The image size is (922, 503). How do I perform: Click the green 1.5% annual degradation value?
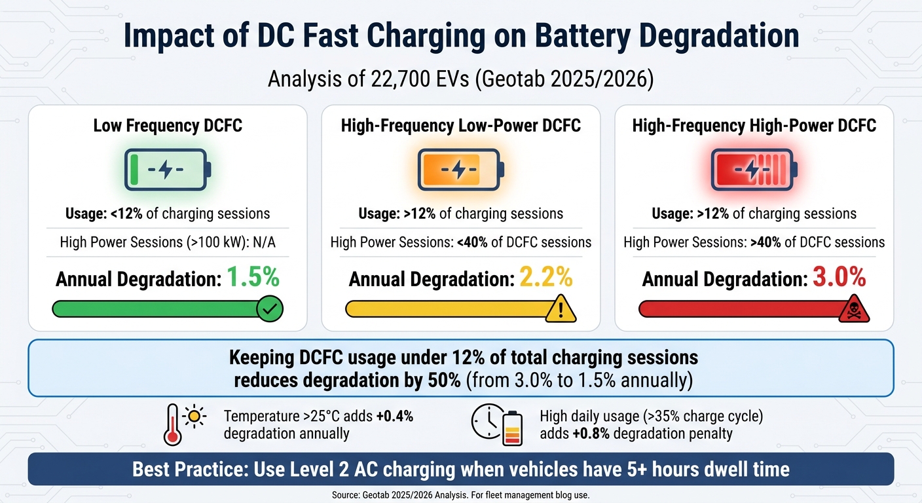(253, 278)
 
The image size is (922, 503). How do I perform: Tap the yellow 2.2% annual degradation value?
(546, 278)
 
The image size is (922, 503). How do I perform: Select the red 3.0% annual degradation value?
(839, 278)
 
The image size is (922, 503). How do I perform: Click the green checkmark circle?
(269, 308)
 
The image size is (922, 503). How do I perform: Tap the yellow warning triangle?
(561, 308)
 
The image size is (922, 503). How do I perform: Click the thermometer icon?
(173, 425)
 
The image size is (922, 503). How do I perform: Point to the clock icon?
(486, 424)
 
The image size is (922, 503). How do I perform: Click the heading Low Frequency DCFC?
(168, 125)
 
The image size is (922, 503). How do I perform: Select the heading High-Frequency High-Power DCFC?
(754, 125)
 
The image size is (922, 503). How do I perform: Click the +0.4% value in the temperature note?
(395, 416)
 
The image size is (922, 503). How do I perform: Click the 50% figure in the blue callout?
(445, 381)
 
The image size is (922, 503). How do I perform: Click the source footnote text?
(461, 494)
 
